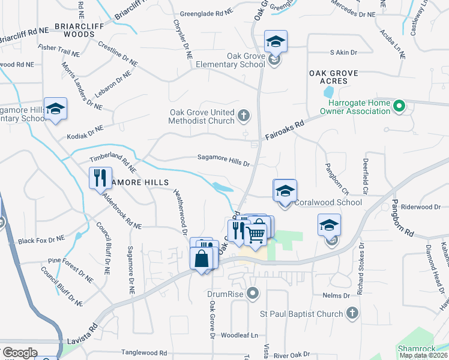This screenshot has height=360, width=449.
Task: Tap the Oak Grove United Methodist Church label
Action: click(201, 117)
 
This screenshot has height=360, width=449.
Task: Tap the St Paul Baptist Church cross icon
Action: click(352, 313)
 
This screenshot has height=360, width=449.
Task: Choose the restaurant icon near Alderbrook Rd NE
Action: click(98, 178)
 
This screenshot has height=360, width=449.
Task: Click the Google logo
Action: click(20, 352)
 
